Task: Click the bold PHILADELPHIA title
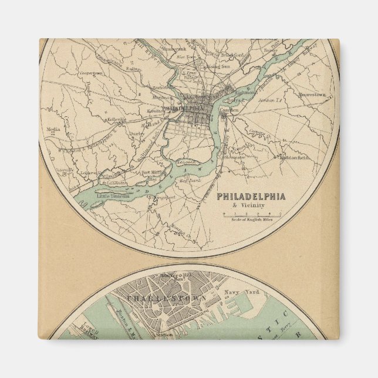[x=251, y=197]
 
